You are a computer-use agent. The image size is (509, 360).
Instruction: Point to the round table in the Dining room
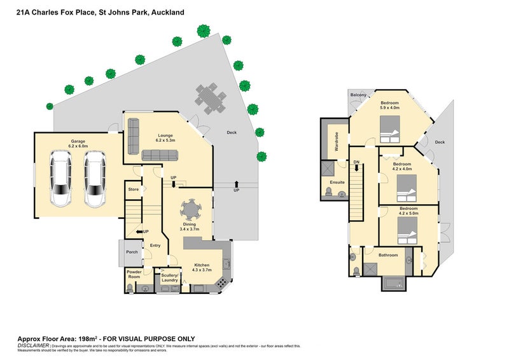pyautogui.click(x=190, y=209)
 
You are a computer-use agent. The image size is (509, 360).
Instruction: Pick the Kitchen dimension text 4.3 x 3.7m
pyautogui.click(x=202, y=270)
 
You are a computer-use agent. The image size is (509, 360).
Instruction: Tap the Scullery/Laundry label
pyautogui.click(x=170, y=277)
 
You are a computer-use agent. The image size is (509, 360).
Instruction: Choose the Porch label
pyautogui.click(x=132, y=252)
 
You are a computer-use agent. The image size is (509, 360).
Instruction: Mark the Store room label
pyautogui.click(x=133, y=189)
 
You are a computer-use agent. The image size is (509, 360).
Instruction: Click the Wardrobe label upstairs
pyautogui.click(x=336, y=139)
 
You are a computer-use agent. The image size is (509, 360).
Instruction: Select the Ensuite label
pyautogui.click(x=337, y=182)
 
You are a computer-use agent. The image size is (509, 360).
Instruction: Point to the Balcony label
pyautogui.click(x=358, y=95)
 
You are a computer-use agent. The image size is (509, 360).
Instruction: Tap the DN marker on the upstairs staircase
pyautogui.click(x=358, y=162)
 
